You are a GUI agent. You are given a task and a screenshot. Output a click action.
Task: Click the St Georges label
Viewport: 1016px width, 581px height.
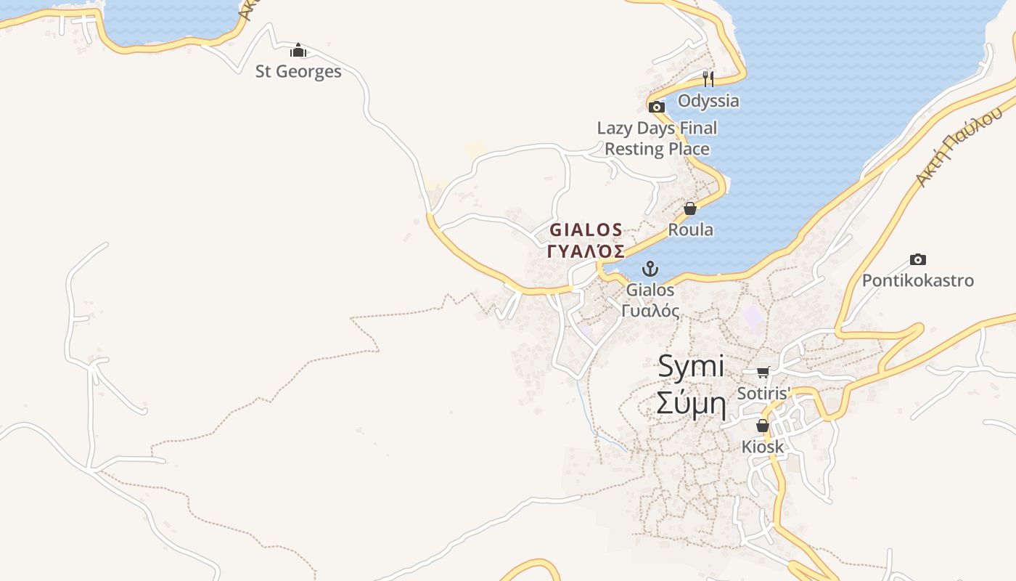click(298, 71)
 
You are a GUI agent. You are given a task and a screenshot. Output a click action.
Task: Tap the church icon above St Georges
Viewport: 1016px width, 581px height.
click(298, 51)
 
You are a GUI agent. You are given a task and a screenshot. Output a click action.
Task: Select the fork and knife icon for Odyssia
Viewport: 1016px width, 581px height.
click(708, 78)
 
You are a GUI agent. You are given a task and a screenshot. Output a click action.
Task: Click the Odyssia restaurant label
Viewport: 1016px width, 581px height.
click(708, 100)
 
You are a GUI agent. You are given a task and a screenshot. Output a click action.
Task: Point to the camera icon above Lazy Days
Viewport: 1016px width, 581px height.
click(657, 107)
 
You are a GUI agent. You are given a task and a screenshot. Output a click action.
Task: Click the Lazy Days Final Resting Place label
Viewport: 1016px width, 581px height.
click(657, 138)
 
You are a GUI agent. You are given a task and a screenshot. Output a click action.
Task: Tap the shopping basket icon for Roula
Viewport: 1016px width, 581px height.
click(690, 209)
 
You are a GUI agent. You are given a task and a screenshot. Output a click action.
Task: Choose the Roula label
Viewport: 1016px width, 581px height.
click(690, 230)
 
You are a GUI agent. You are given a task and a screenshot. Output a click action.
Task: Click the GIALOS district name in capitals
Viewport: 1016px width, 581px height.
click(586, 230)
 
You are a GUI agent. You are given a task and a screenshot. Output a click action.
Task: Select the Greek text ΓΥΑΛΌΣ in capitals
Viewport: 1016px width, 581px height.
click(586, 251)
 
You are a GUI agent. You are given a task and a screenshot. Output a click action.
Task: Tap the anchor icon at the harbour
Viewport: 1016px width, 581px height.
click(650, 269)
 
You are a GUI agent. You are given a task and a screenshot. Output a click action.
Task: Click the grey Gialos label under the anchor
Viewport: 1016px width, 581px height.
click(650, 290)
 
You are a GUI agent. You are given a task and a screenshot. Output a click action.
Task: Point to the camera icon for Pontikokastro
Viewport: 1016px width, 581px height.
click(918, 260)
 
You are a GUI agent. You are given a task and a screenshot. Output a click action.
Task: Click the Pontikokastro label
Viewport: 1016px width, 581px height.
click(918, 280)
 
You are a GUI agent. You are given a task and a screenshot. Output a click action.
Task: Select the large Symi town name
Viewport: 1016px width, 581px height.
click(691, 366)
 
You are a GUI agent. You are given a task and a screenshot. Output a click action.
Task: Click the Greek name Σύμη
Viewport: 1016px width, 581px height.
click(691, 404)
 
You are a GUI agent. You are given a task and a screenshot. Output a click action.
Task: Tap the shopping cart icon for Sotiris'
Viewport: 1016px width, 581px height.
click(763, 373)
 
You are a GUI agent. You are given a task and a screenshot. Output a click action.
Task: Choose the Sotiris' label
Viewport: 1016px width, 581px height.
click(763, 393)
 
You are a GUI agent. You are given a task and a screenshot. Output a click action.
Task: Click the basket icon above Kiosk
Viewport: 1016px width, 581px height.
click(763, 426)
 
